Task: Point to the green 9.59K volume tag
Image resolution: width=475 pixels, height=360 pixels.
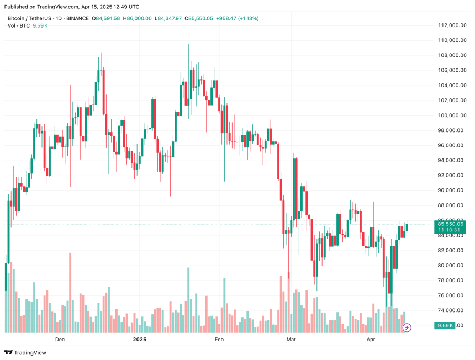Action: (x=444, y=325)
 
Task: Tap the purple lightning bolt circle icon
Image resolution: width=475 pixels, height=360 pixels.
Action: (x=407, y=327)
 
